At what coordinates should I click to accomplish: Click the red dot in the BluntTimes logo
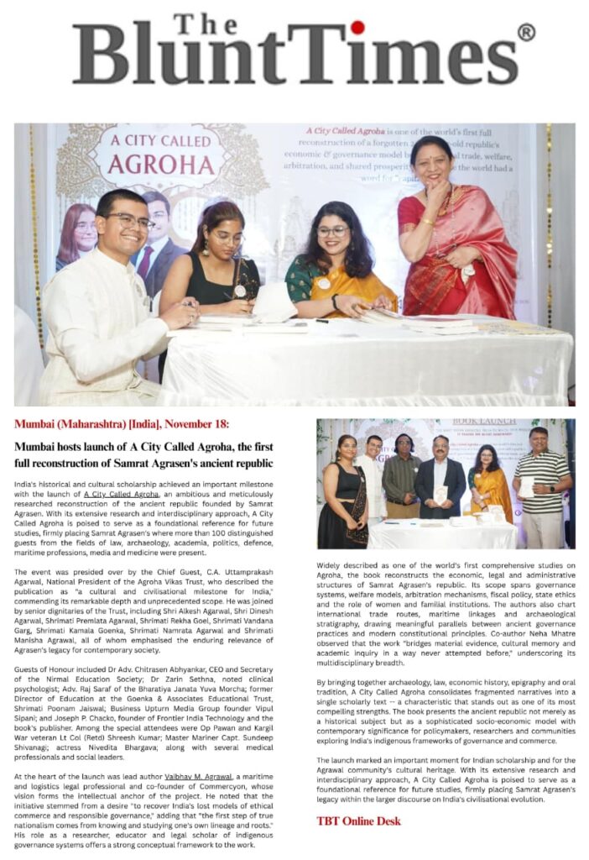(x=357, y=28)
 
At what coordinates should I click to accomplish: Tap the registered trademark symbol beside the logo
(x=526, y=33)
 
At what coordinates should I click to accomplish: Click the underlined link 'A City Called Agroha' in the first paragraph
(x=127, y=495)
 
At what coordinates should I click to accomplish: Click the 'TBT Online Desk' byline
(x=358, y=821)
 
